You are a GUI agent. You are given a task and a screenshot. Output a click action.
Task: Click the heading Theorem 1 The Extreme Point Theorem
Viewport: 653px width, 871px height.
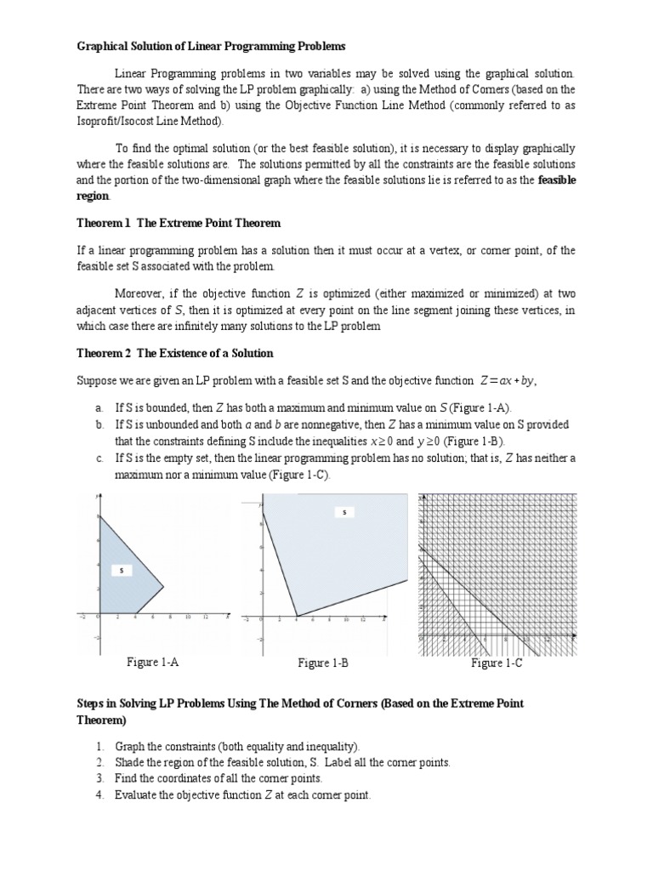coord(179,223)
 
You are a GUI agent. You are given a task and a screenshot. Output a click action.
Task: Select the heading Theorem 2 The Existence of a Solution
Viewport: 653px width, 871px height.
coord(175,353)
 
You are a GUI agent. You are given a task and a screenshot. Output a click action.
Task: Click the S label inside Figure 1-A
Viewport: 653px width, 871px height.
coord(121,571)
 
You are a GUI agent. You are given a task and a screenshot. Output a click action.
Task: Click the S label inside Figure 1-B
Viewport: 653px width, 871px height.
coord(344,513)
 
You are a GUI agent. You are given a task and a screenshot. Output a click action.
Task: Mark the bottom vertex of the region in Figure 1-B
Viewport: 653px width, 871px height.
coord(297,616)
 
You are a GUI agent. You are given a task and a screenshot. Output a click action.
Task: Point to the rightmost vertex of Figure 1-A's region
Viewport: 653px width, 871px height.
coord(162,584)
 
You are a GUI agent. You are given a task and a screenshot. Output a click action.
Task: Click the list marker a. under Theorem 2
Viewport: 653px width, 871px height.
coord(99,409)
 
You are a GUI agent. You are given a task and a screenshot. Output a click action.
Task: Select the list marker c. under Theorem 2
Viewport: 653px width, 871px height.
coord(99,458)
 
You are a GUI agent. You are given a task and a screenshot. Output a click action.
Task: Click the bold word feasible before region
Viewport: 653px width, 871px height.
coord(556,179)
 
